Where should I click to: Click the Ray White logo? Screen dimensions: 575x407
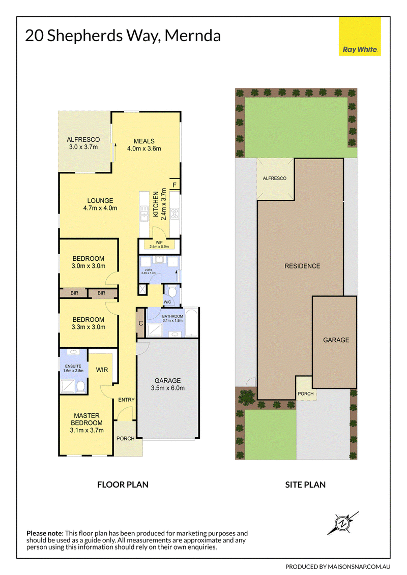(x=360, y=37)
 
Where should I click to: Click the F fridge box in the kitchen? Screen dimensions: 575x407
(x=175, y=185)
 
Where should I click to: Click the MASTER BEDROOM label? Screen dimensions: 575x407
(x=86, y=423)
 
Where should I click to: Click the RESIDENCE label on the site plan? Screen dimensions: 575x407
(x=302, y=266)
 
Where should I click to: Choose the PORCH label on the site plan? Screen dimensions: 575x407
(x=306, y=394)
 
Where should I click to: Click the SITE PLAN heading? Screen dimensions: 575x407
(x=305, y=485)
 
